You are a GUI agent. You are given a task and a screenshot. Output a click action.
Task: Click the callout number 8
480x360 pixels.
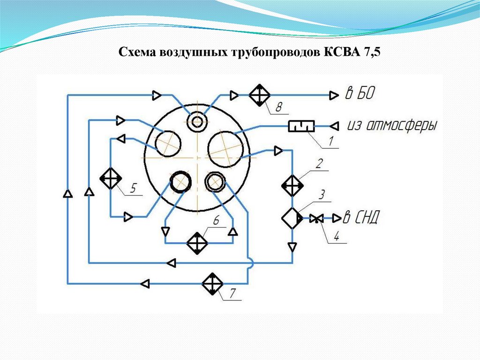click(x=278, y=108)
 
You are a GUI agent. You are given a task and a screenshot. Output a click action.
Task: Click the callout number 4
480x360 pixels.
click(x=336, y=237)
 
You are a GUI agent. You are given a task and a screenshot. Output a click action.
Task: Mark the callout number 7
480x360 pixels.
click(x=233, y=293)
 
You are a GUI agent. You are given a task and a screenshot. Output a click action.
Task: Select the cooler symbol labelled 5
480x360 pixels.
click(x=111, y=178)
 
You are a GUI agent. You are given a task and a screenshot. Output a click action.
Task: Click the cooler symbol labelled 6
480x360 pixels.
click(x=197, y=243)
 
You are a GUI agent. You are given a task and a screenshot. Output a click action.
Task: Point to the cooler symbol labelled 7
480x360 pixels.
click(x=213, y=283)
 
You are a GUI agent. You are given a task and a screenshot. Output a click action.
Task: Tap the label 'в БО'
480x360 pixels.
click(x=360, y=93)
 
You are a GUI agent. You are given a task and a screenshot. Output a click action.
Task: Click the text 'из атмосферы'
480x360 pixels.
click(x=392, y=125)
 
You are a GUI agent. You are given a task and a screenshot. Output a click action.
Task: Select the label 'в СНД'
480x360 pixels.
click(x=362, y=217)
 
